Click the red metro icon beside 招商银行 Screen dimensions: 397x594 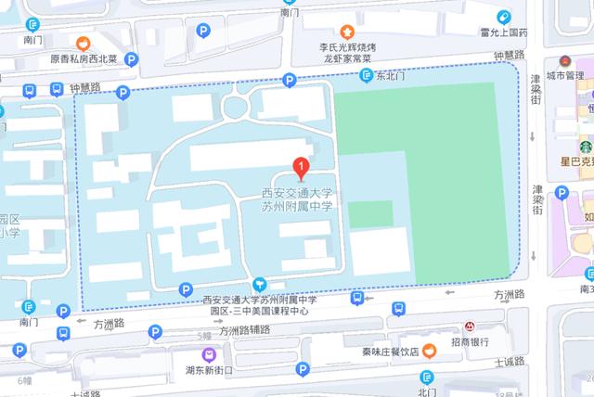[x=471, y=327]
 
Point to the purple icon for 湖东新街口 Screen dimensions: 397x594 [x=211, y=353]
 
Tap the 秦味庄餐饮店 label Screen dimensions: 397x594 [x=391, y=352]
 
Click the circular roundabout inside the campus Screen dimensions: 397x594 [x=234, y=107]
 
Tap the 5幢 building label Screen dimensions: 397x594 [x=206, y=335]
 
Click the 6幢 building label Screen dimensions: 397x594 [x=23, y=380]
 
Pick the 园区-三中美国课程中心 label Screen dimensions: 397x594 [x=259, y=312]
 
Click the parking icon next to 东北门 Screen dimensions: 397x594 [x=366, y=79]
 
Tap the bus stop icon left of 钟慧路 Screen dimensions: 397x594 [x=31, y=91]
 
